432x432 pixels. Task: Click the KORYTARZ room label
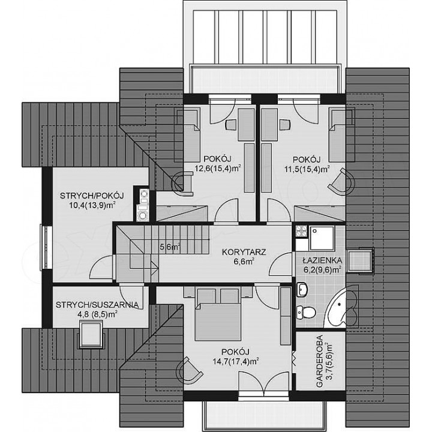pos(244,252)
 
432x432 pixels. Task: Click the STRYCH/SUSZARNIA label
pos(97,305)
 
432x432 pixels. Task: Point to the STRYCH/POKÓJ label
pos(92,196)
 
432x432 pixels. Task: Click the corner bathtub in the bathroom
pos(341,307)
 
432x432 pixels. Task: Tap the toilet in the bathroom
pos(306,313)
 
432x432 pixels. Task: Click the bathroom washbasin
pos(303,290)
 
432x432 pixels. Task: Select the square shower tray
pos(321,237)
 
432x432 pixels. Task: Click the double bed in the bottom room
pos(218,314)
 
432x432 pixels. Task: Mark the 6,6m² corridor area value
pos(244,262)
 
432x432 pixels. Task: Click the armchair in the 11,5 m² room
pos(341,182)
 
